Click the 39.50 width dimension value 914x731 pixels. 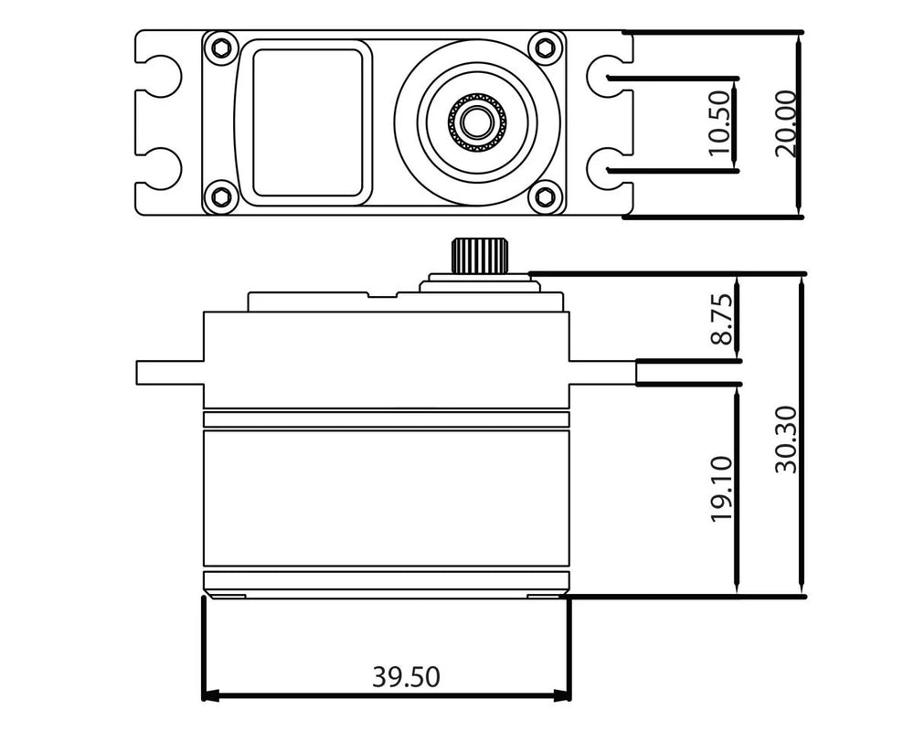click(406, 677)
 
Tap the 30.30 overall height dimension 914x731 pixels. click(786, 440)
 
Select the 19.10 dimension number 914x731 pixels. click(722, 489)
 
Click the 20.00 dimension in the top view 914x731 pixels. click(786, 123)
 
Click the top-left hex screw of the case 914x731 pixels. click(220, 48)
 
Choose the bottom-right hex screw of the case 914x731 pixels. click(547, 196)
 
